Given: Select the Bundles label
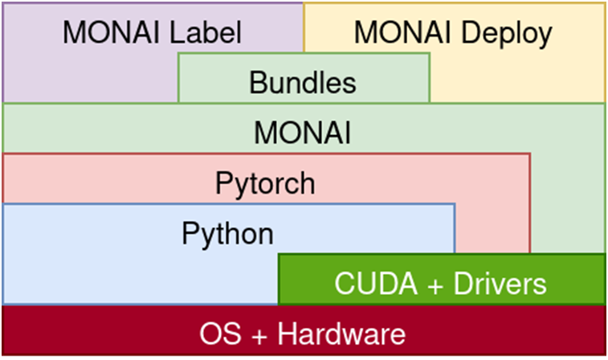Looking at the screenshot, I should (x=302, y=82).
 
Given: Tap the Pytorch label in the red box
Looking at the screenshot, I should (x=265, y=183).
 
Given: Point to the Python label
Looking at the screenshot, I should (x=227, y=234).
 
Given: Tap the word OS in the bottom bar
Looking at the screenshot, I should (x=219, y=333).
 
